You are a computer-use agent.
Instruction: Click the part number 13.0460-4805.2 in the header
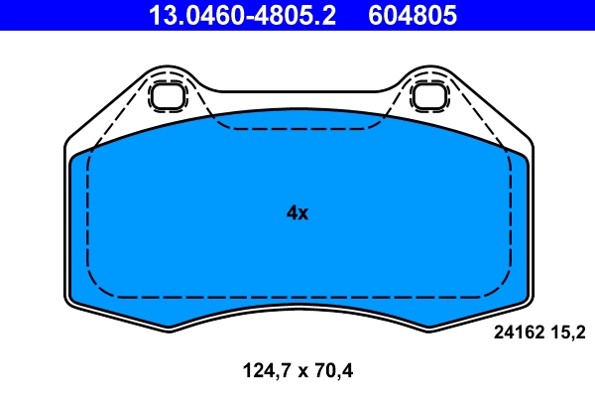[x=244, y=15]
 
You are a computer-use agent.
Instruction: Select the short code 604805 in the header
[x=415, y=15]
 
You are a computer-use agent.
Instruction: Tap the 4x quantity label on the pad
[x=297, y=212]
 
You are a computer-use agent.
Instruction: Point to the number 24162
[x=518, y=333]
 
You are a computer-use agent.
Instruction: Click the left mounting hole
[x=167, y=96]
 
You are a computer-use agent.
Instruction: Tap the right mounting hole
[x=428, y=96]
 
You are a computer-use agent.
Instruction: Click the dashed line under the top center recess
[x=297, y=129]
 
